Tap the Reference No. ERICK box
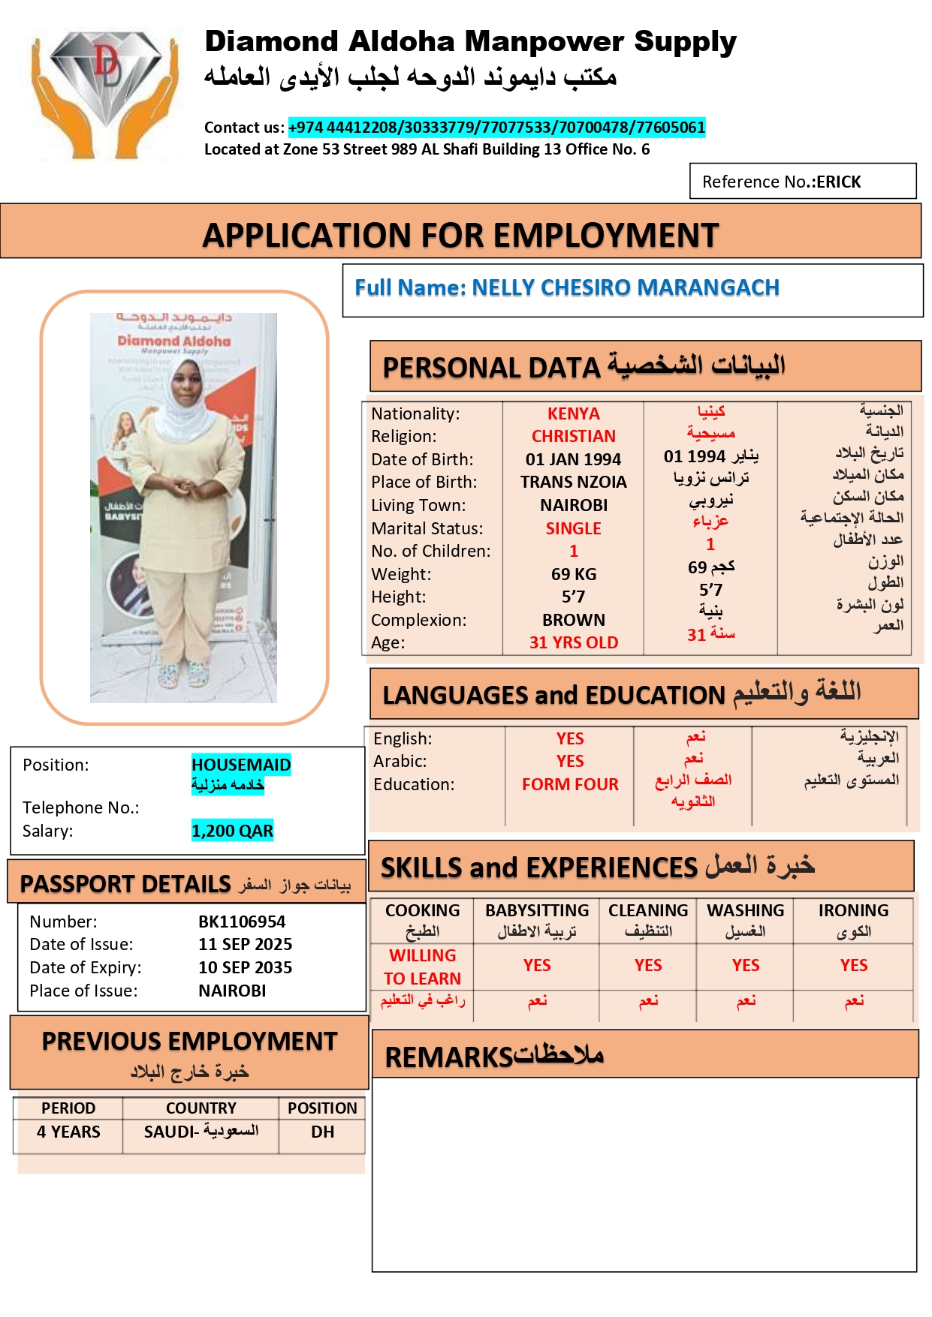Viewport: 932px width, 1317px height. (802, 182)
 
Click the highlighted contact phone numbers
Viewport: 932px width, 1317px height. (496, 128)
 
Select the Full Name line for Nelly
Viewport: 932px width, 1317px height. (567, 288)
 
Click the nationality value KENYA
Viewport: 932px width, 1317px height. (573, 414)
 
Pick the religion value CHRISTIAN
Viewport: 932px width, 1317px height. (573, 437)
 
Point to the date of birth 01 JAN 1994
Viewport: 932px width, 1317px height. (573, 459)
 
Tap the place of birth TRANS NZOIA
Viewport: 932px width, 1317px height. (573, 482)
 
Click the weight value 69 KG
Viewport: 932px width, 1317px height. (573, 575)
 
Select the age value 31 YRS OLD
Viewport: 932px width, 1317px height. (573, 643)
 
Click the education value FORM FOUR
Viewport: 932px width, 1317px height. (570, 785)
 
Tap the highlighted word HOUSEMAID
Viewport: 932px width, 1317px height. (241, 765)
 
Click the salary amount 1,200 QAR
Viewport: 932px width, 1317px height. (232, 831)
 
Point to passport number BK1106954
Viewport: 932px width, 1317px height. (242, 922)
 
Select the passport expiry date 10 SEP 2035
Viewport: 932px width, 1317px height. (245, 968)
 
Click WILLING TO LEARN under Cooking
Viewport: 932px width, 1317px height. (422, 967)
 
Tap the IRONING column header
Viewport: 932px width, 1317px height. (853, 911)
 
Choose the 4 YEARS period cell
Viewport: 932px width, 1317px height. (68, 1132)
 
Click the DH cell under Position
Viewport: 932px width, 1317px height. (322, 1132)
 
